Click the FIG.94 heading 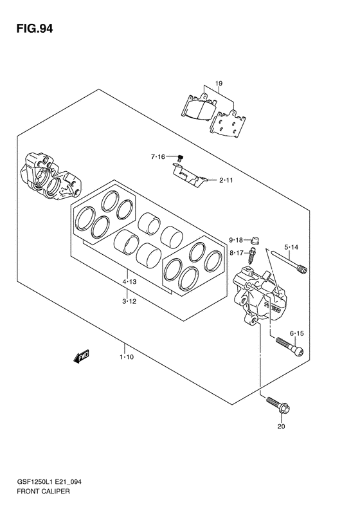(x=35, y=29)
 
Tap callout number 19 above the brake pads (x=219, y=84)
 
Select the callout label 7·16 (x=158, y=157)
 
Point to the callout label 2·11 (x=226, y=180)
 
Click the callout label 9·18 (x=236, y=240)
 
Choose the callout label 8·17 (x=236, y=252)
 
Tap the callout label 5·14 (x=291, y=247)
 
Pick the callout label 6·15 (x=297, y=333)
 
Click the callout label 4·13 (x=129, y=282)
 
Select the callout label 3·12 (x=129, y=301)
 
